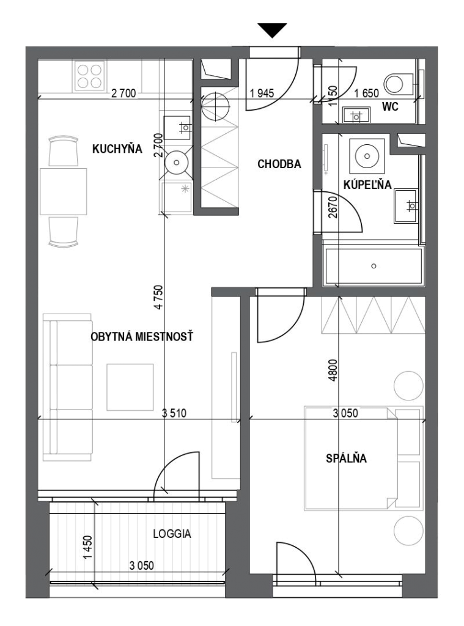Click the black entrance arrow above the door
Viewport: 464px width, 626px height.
[x=272, y=30]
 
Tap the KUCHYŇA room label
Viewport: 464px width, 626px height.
[x=117, y=149]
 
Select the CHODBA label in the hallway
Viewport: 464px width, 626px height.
[x=279, y=164]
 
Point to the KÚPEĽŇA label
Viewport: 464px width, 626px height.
[x=367, y=185]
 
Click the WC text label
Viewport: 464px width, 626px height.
[x=390, y=107]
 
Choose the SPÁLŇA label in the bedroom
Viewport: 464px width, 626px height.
[x=346, y=458]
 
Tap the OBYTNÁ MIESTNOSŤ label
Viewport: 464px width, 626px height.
[x=142, y=337]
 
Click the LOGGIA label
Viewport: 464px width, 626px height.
[x=172, y=534]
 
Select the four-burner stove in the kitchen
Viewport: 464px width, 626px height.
[x=89, y=76]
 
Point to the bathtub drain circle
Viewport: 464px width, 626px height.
[x=374, y=266]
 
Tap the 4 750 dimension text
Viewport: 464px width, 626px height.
[x=160, y=297]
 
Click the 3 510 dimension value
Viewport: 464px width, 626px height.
[x=174, y=413]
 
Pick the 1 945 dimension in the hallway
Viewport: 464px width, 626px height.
[x=262, y=93]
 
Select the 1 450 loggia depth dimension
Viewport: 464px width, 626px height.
[x=88, y=547]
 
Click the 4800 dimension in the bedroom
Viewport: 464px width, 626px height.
[x=333, y=370]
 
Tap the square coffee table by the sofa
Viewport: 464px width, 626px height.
[x=130, y=387]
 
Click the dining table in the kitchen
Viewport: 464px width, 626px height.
[x=64, y=191]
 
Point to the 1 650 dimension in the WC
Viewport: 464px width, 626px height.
[x=367, y=93]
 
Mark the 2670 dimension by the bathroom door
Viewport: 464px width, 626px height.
[x=333, y=207]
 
